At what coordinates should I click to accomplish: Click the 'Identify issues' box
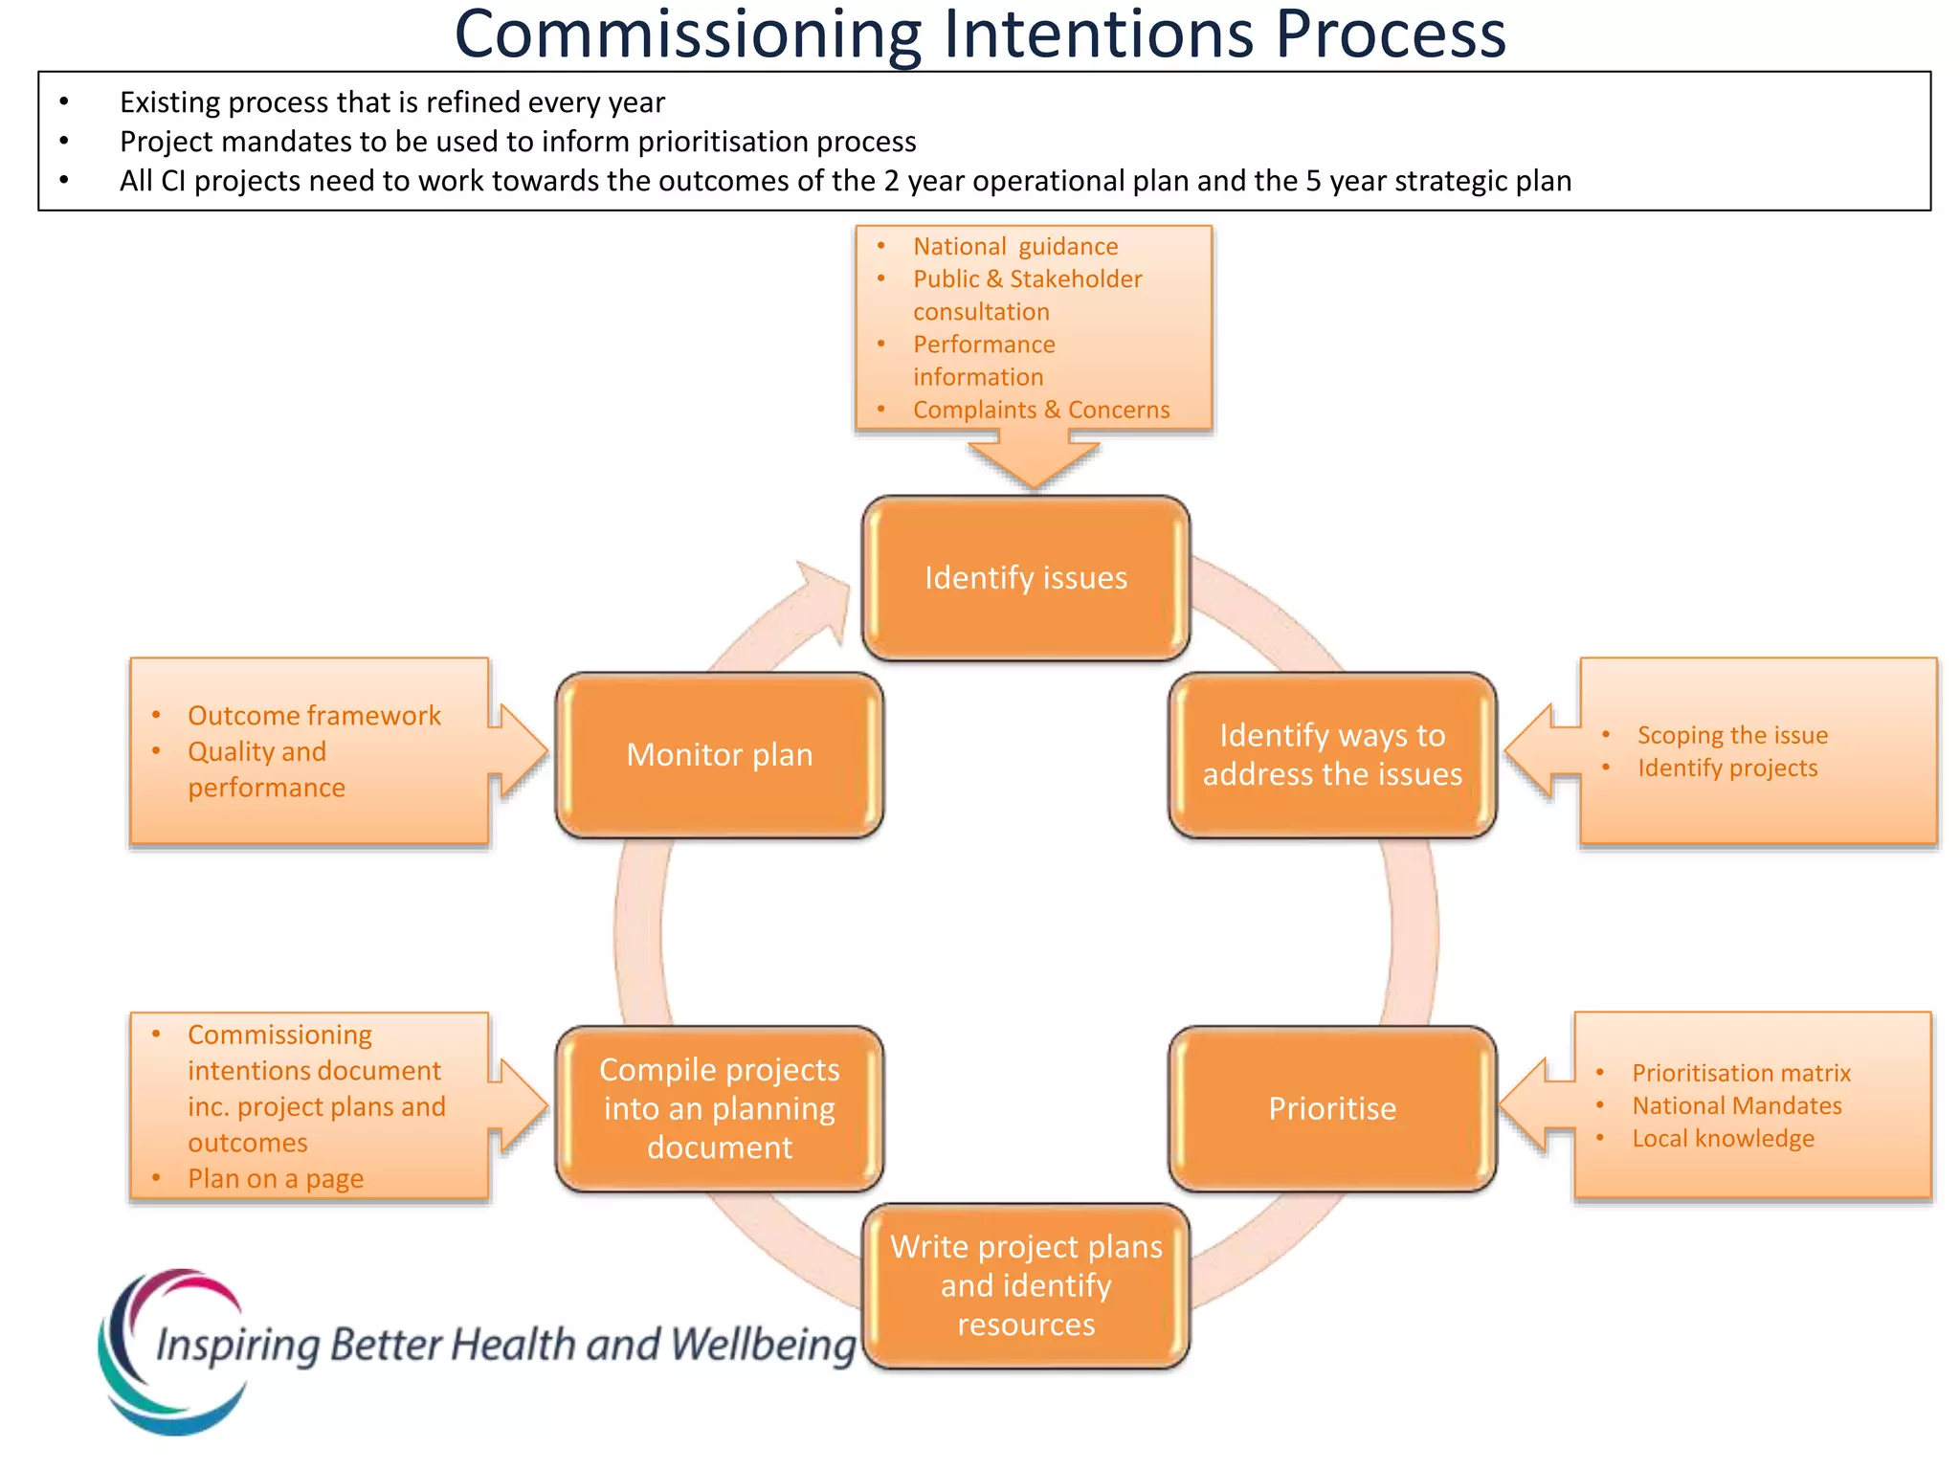[1025, 578]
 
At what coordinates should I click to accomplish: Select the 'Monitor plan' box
[719, 755]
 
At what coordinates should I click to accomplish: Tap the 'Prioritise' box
[1331, 1108]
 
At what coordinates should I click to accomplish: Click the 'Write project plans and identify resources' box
[1025, 1285]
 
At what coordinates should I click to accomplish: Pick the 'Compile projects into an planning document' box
[719, 1108]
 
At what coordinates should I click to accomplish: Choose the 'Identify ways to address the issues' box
[1331, 755]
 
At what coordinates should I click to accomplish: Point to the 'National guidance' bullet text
[1014, 247]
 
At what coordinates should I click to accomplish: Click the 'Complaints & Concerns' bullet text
[1040, 410]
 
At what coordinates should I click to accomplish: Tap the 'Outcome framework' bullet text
[314, 716]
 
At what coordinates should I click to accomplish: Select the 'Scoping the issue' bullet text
[1731, 735]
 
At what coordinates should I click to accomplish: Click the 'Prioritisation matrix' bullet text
[1741, 1073]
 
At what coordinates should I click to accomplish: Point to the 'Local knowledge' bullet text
[1723, 1138]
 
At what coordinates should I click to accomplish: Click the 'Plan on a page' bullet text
[276, 1178]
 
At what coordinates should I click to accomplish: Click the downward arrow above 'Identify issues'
[1034, 459]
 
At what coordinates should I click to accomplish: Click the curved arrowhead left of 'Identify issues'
[823, 598]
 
